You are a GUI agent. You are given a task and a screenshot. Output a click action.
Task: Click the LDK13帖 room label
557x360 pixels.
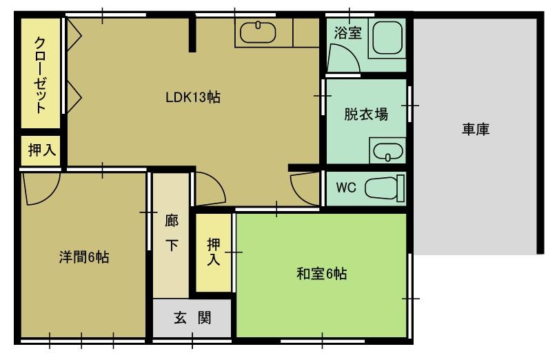pos(193,97)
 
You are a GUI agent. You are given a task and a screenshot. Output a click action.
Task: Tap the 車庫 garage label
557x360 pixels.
pos(476,129)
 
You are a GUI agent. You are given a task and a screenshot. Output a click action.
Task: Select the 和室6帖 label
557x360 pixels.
pos(321,274)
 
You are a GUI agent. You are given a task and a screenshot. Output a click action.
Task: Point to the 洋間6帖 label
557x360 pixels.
pos(84,257)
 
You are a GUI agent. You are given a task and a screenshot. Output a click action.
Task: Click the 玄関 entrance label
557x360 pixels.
pos(192,318)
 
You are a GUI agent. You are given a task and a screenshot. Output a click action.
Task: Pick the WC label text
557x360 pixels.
pos(345,188)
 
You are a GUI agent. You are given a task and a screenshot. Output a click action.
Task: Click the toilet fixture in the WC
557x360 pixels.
pos(385,188)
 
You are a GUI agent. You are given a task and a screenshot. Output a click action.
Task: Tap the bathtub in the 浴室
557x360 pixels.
pos(387,38)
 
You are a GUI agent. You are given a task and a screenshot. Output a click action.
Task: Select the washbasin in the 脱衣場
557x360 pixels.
pos(387,150)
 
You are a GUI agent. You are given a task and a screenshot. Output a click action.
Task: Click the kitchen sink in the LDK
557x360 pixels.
pos(258,32)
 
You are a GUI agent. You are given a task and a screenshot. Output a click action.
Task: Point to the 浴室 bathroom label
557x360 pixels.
pos(347,32)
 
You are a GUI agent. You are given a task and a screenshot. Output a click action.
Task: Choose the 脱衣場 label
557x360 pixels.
pos(366,114)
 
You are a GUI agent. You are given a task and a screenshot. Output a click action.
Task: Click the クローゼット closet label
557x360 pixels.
pos(40,75)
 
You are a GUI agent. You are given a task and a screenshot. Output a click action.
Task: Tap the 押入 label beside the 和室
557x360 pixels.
pos(214,252)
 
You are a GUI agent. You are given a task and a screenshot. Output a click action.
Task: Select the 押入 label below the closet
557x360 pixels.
pos(42,150)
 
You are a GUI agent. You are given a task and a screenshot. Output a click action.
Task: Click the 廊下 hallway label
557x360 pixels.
pos(172,233)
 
